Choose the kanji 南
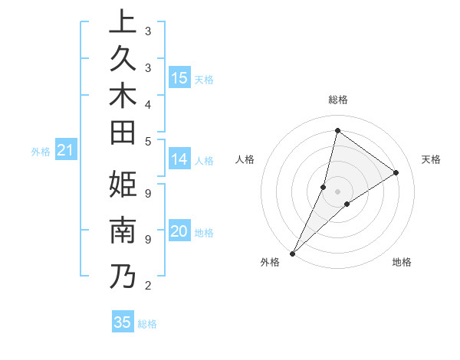tap(123, 231)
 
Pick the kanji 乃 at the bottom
tap(123, 275)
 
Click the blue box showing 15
tap(179, 77)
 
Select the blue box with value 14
tap(179, 159)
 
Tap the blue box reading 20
tap(179, 232)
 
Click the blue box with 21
tap(65, 151)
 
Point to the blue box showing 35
tap(123, 322)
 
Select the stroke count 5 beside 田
tap(147, 141)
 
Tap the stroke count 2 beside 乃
tap(147, 286)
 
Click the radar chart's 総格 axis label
tap(337, 100)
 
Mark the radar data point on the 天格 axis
tap(396, 172)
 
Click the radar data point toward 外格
tap(292, 254)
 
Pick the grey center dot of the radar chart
tap(337, 191)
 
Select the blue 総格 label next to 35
tap(147, 324)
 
